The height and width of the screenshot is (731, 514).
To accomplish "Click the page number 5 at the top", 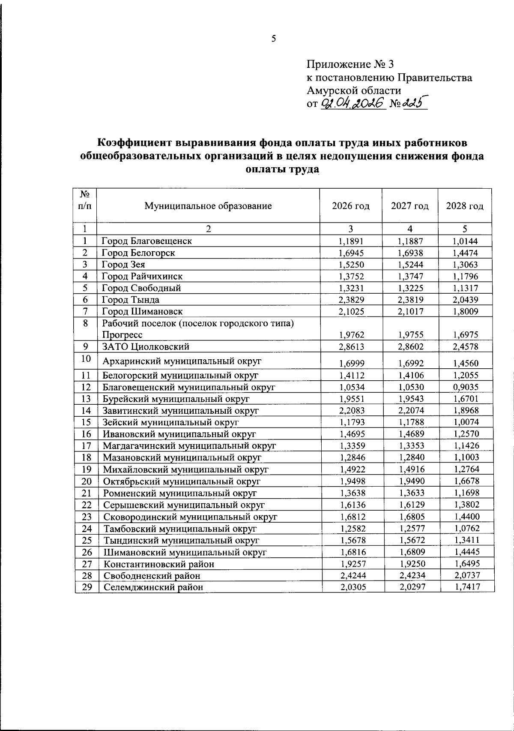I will [274, 39].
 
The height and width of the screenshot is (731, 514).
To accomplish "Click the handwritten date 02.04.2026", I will [353, 103].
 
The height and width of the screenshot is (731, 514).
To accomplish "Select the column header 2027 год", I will [409, 206].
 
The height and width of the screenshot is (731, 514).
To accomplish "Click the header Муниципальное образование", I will [208, 206].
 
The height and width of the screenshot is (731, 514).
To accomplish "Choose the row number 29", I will [87, 587].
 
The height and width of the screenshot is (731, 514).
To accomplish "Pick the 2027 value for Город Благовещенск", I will [410, 241].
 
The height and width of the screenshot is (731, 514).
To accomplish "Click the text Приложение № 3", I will [350, 64].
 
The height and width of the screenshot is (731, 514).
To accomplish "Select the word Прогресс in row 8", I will [122, 334].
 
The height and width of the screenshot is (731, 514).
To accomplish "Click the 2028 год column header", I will [465, 206].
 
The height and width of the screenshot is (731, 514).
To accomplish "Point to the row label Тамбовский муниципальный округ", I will [180, 528].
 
